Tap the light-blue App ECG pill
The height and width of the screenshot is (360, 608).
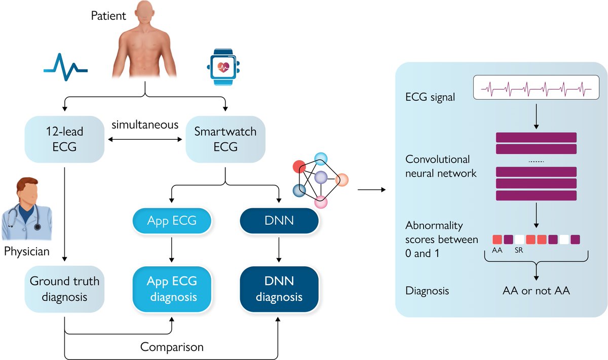click(172, 221)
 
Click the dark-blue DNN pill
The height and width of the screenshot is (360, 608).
click(279, 221)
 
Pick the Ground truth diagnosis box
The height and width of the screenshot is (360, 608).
click(65, 289)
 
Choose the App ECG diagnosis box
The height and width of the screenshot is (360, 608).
click(172, 289)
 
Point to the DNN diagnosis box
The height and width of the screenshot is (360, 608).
click(279, 289)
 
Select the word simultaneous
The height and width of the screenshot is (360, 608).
click(145, 125)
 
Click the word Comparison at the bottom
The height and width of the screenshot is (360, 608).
click(172, 347)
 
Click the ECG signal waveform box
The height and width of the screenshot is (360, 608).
click(536, 89)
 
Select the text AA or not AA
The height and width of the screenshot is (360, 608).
click(536, 292)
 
